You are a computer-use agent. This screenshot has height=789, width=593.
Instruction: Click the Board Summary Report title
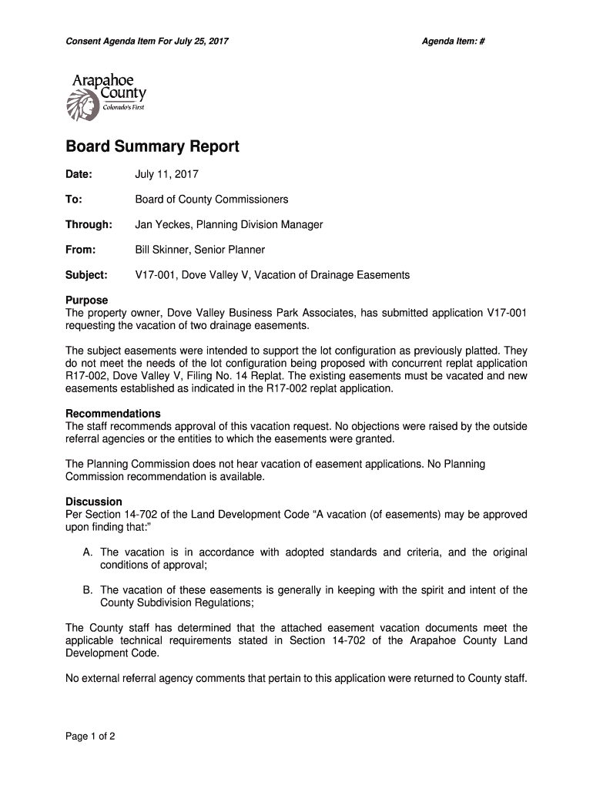(152, 146)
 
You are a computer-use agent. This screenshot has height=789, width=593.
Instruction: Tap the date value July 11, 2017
(167, 175)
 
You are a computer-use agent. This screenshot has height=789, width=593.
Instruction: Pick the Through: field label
(89, 225)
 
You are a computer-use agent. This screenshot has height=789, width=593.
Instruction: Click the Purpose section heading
(87, 300)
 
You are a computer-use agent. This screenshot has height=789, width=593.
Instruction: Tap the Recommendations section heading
(113, 414)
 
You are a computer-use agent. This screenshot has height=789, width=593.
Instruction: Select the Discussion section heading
(94, 502)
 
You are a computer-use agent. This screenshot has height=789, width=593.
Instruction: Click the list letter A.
(87, 552)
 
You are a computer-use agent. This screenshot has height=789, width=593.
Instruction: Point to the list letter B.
(87, 590)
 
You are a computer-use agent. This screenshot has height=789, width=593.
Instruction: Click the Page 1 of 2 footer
(91, 737)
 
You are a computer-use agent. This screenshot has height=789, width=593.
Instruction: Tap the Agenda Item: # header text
(453, 40)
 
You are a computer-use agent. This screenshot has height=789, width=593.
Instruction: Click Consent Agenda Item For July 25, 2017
(146, 40)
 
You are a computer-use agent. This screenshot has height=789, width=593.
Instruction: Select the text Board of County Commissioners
(212, 200)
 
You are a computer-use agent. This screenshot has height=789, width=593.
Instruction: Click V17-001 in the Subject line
(154, 275)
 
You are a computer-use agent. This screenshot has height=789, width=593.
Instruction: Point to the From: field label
(81, 250)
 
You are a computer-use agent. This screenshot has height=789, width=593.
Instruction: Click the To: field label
(74, 200)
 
